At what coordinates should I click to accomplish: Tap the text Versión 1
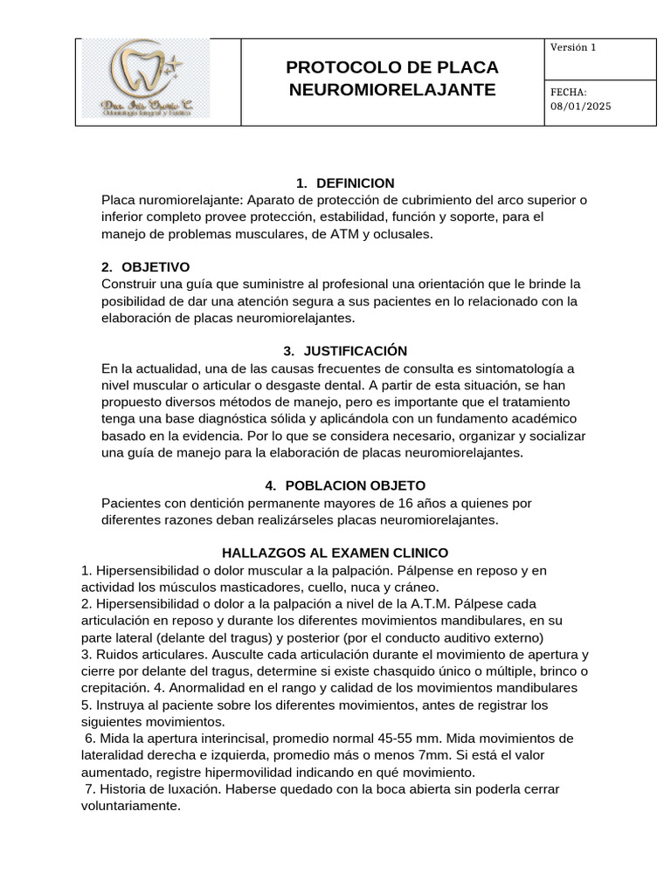coord(572,48)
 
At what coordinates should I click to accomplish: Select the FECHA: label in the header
coord(568,93)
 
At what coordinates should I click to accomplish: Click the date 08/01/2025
coord(581,107)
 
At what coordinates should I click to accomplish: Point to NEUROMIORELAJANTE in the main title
coord(392,90)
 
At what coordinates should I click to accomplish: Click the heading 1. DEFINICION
coord(345,183)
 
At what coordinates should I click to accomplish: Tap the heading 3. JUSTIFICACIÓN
coord(333,351)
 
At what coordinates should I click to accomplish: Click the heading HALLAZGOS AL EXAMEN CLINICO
coord(335,554)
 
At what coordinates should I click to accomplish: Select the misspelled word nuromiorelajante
coord(183,200)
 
